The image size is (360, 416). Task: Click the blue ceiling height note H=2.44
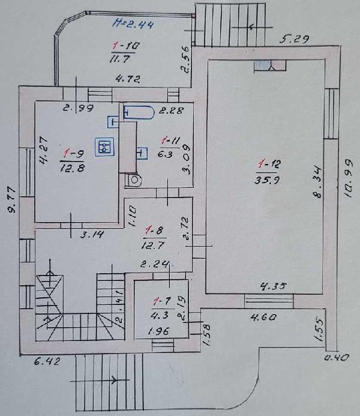133,25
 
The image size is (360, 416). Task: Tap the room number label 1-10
126,46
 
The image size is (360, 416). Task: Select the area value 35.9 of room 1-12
267,181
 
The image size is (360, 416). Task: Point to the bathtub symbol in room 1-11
139,113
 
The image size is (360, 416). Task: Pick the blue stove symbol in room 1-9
105,146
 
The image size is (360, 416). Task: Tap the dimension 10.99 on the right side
349,178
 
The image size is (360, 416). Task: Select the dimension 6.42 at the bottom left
47,361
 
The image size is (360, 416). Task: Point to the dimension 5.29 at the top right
295,40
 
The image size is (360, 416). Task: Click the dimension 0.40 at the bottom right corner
337,358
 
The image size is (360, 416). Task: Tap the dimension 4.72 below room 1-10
128,79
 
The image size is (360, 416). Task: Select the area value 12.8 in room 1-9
72,167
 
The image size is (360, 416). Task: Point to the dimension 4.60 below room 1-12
263,317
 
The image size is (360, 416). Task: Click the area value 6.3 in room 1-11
165,154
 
